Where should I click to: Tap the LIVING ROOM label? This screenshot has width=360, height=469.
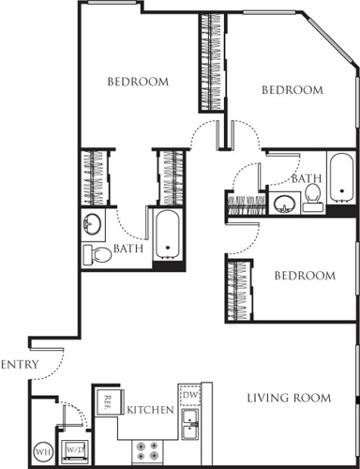[289, 398]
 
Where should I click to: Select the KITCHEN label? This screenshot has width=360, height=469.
[150, 410]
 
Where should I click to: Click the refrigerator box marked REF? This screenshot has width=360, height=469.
[107, 401]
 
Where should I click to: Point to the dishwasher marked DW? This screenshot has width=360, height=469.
[189, 397]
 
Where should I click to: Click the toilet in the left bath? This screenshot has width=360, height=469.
[95, 254]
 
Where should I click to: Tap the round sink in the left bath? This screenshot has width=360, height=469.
[93, 225]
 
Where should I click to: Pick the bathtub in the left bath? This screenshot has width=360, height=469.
[169, 235]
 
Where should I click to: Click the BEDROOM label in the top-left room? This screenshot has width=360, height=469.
[137, 82]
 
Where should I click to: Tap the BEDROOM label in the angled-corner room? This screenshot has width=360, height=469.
[292, 90]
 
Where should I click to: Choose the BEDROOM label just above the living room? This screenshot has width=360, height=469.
[304, 276]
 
